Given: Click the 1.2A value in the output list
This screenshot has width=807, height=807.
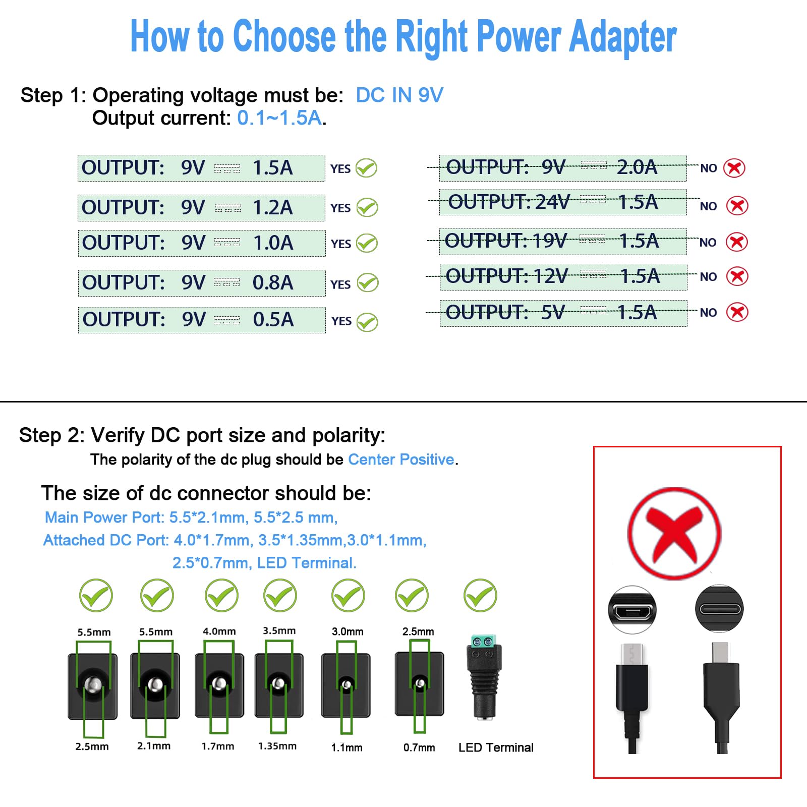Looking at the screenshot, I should [x=272, y=208].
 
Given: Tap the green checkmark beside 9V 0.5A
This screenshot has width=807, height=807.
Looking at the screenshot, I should [x=367, y=322].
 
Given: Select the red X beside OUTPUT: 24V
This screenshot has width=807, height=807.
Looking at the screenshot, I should [x=737, y=206].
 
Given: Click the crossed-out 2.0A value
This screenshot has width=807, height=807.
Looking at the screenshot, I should [x=637, y=167].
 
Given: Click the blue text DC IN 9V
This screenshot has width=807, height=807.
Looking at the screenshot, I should [x=399, y=95].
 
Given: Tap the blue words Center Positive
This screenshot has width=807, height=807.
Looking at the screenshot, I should [x=401, y=459].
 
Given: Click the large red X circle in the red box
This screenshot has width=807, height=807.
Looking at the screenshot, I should [x=674, y=534].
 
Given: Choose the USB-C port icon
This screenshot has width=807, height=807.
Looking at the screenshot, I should [x=719, y=609].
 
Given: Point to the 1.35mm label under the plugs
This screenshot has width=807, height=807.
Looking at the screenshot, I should [x=277, y=746].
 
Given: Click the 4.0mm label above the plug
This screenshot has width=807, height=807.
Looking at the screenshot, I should [x=219, y=631].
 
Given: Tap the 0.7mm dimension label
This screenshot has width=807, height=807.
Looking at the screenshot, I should [x=419, y=747].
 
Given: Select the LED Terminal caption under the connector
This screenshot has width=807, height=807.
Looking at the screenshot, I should [x=496, y=747].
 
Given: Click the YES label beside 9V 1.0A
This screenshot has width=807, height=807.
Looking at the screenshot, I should [x=341, y=244].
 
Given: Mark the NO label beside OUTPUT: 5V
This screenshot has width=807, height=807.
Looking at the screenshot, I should [x=708, y=313].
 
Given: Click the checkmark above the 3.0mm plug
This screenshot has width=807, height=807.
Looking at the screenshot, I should [x=348, y=596].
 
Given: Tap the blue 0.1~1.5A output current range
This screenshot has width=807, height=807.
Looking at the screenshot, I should [x=279, y=118].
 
